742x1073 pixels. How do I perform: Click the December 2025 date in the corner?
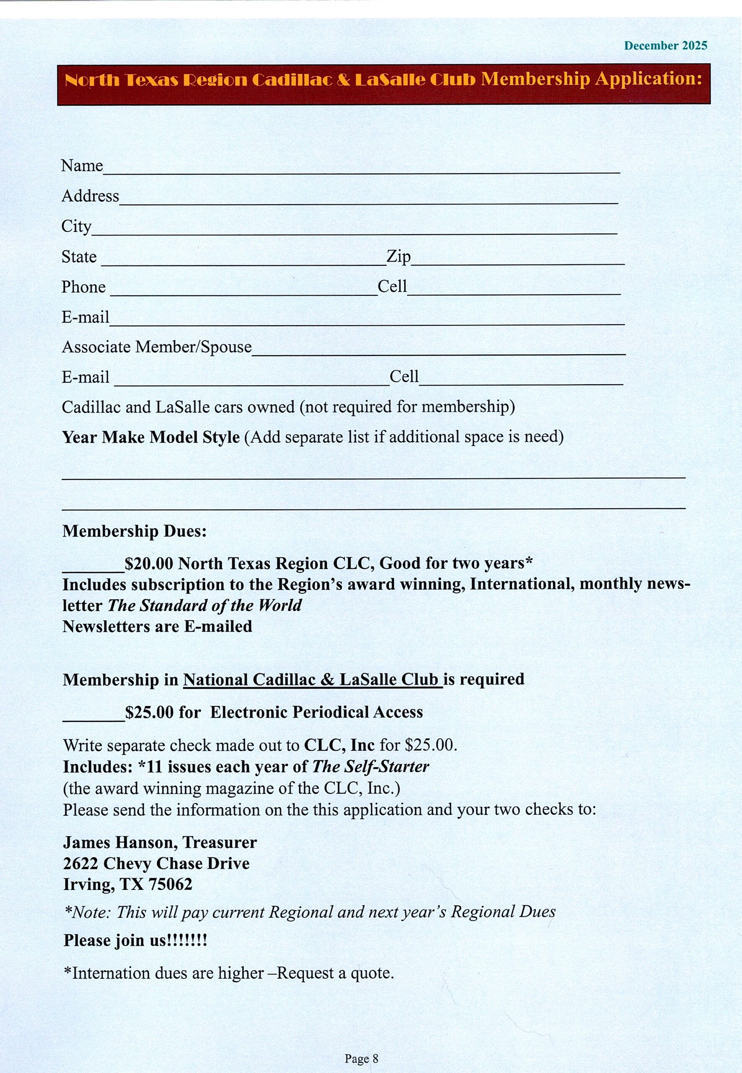[x=665, y=46]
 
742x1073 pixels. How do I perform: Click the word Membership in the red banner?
[x=535, y=79]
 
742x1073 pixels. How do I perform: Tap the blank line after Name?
[x=361, y=170]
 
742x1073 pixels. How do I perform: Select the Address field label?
[x=90, y=196]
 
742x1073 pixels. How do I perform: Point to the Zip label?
[x=398, y=256]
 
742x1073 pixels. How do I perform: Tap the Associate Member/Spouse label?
[x=157, y=347]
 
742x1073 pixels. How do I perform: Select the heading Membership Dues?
[x=134, y=531]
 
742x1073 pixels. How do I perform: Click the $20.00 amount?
[x=149, y=564]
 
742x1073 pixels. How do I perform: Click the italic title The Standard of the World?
[x=204, y=606]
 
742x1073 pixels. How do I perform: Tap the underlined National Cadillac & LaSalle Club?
[x=313, y=679]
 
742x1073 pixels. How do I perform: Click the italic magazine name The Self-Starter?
[x=370, y=767]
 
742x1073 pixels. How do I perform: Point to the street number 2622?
[x=80, y=863]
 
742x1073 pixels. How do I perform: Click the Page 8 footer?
[x=361, y=1059]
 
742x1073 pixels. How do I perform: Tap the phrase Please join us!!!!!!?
[x=135, y=940]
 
